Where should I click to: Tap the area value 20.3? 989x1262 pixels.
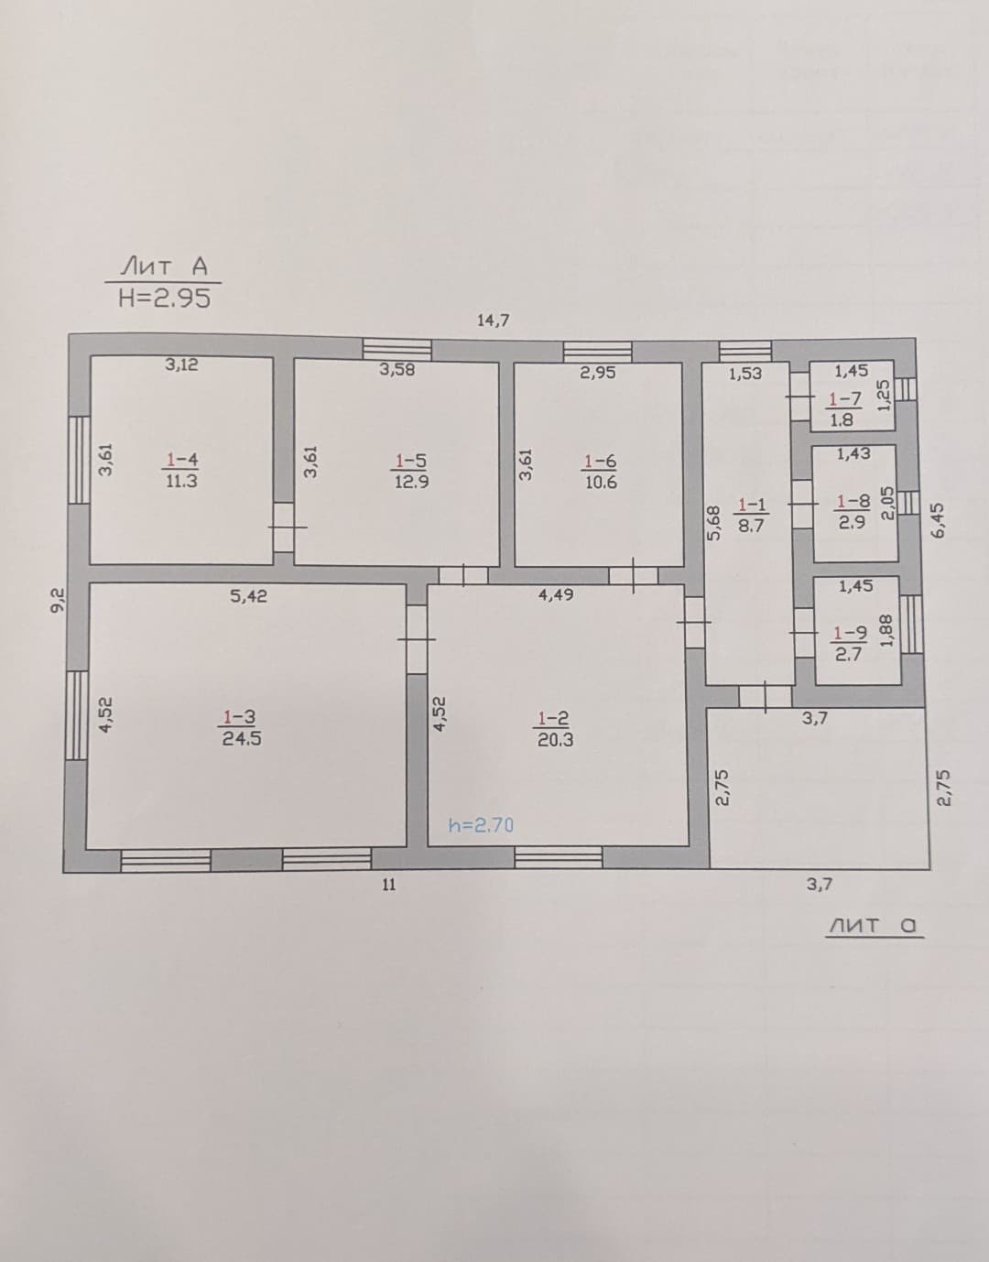[x=555, y=740]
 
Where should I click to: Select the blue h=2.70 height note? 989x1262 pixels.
[x=481, y=825]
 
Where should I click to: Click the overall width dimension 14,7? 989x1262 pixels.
[x=493, y=320]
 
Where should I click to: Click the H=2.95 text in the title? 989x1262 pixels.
[x=164, y=299]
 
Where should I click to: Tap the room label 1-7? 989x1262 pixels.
[x=845, y=399]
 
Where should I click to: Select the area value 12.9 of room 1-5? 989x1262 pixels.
[x=412, y=482]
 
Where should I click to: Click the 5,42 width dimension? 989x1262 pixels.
[x=248, y=596]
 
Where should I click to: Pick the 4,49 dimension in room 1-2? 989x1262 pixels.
[x=556, y=594]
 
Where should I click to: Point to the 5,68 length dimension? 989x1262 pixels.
[x=714, y=523]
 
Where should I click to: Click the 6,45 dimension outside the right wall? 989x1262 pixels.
[x=939, y=520]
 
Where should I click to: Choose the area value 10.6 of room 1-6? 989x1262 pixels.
[x=601, y=483]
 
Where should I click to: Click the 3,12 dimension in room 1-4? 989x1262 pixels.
[x=181, y=364]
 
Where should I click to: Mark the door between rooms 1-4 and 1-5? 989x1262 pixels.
[x=284, y=528]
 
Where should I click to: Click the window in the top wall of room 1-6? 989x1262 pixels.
[x=598, y=352]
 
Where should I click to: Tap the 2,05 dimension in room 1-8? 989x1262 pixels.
[x=888, y=504]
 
